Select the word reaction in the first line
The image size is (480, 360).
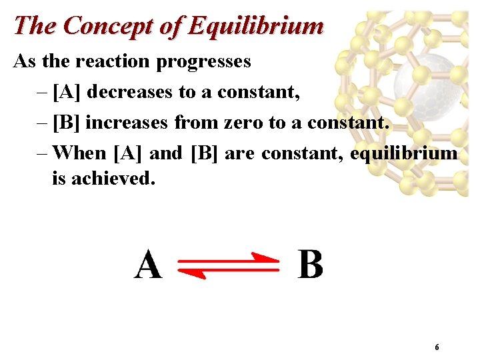tap(114, 61)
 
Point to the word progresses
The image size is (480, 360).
tap(203, 61)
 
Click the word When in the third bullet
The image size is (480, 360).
tap(79, 153)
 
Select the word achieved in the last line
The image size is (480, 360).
tap(114, 179)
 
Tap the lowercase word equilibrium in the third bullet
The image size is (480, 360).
tap(404, 153)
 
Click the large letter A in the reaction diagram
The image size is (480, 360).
tap(147, 265)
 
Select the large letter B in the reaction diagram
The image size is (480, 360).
tap(310, 265)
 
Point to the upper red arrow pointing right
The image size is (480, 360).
tap(231, 259)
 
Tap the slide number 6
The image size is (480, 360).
tap(437, 347)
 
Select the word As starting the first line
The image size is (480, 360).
tap(25, 61)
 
